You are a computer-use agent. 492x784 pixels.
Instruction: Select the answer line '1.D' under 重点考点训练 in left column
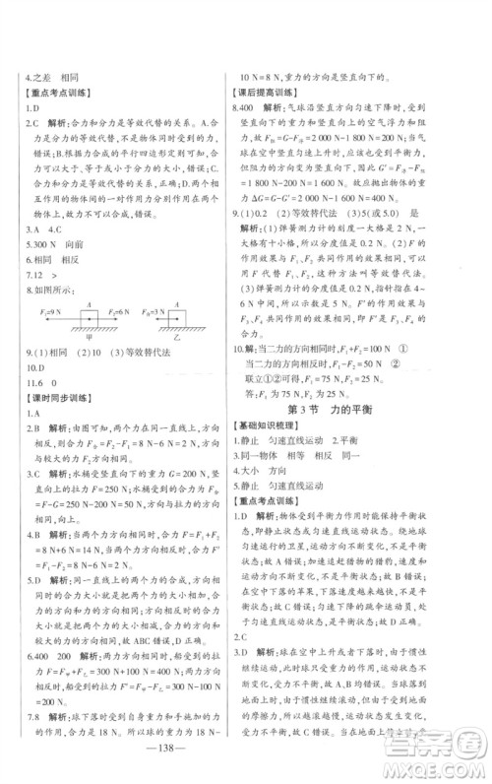31,108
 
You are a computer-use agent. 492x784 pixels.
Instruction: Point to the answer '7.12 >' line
37,276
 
